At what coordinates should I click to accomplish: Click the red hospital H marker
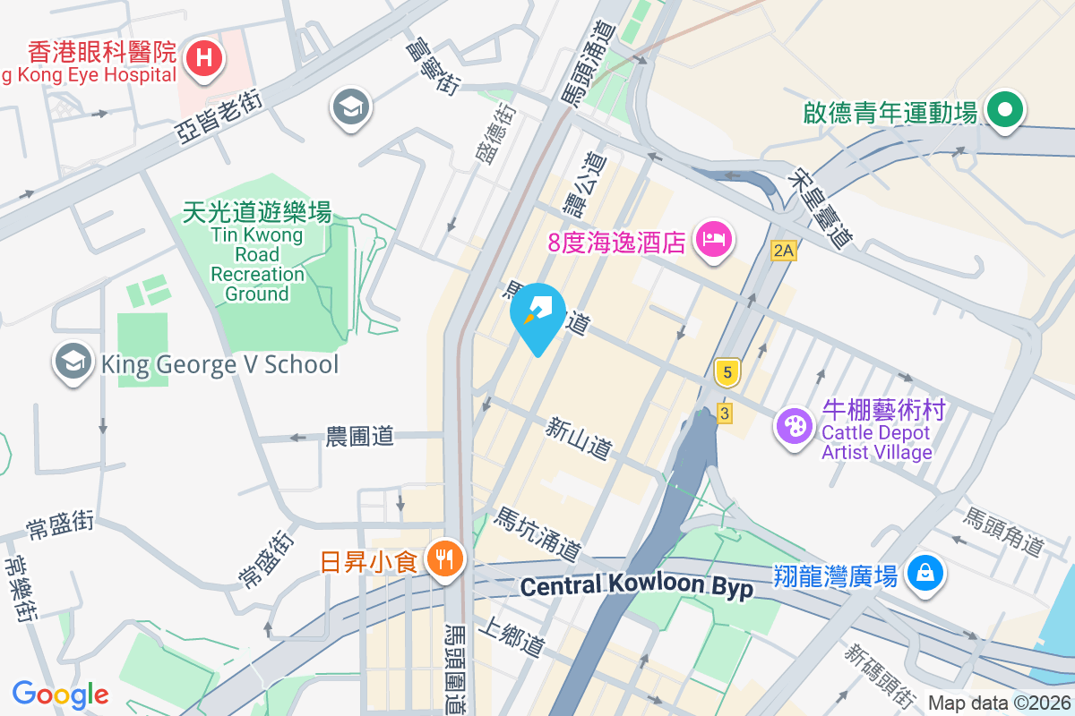pyautogui.click(x=204, y=60)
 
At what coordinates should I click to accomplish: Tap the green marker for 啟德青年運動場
pyautogui.click(x=1005, y=111)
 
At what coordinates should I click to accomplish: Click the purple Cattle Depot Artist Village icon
pyautogui.click(x=794, y=426)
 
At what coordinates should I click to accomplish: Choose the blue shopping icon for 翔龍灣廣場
pyautogui.click(x=924, y=572)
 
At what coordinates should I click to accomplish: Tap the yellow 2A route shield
pyautogui.click(x=783, y=251)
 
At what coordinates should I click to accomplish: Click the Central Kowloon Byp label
pyautogui.click(x=636, y=587)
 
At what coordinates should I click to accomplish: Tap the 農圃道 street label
pyautogui.click(x=359, y=437)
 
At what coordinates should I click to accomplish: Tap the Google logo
pyautogui.click(x=60, y=694)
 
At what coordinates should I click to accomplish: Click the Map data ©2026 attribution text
pyautogui.click(x=998, y=703)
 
